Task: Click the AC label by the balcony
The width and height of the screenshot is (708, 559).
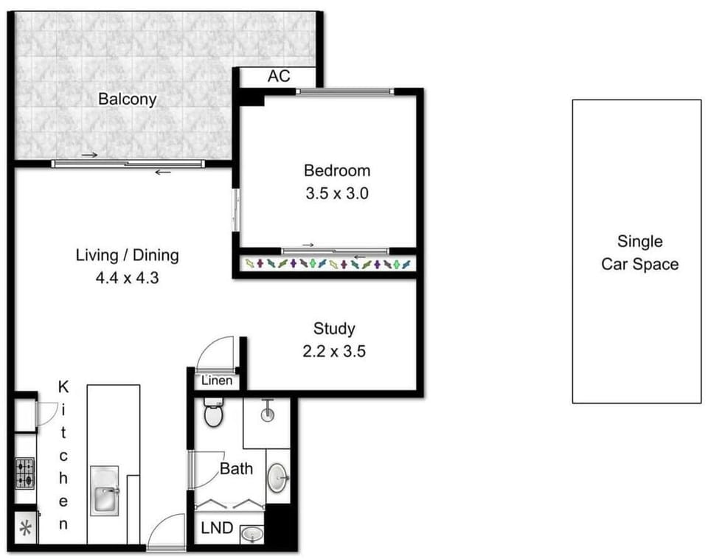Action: tap(279, 76)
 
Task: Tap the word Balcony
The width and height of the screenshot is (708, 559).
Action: tap(128, 100)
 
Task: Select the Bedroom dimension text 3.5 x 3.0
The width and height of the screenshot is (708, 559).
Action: tap(337, 193)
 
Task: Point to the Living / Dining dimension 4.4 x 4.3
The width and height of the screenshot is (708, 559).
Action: tap(128, 278)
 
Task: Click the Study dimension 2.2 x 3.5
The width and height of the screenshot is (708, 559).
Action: tap(334, 351)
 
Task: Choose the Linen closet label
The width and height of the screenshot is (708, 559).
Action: tap(217, 381)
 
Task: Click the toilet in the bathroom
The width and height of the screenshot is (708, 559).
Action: tap(213, 412)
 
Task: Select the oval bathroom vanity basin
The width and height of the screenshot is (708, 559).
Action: tap(277, 477)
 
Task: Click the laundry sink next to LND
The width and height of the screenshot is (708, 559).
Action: tap(252, 535)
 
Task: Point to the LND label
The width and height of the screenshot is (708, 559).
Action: tap(217, 527)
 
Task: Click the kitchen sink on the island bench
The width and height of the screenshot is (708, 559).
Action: tap(105, 491)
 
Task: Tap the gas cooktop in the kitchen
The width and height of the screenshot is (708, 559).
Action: tap(25, 473)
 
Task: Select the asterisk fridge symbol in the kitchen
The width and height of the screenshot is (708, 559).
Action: tap(26, 528)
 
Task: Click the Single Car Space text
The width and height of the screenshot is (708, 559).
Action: tap(640, 253)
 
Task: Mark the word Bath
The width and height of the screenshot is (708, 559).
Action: tap(236, 469)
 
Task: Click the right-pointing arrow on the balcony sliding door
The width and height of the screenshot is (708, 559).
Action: tap(89, 156)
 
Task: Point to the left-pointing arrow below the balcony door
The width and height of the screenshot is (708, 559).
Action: tap(163, 172)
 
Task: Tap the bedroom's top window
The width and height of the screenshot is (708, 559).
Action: tap(345, 91)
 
